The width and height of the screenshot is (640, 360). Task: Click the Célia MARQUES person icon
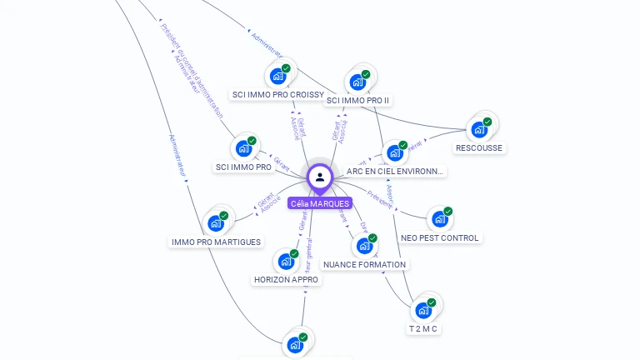[320, 177]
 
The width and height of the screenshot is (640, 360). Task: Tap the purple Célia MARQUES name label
[320, 202]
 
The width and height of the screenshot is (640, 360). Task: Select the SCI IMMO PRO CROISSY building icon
[277, 76]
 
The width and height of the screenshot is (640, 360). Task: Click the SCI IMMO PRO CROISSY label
[277, 95]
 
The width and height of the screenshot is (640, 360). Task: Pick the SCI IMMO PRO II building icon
[357, 82]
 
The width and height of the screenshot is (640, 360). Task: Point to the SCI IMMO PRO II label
[357, 100]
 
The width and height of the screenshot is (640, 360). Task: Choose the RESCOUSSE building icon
[479, 129]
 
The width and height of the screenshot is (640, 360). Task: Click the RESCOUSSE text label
[479, 148]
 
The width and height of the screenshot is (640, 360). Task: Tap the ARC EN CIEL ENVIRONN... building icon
[395, 152]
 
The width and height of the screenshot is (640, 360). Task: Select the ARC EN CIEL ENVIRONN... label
[395, 172]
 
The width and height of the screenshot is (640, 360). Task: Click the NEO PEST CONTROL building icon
[439, 219]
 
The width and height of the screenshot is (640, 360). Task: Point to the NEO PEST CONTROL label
[439, 238]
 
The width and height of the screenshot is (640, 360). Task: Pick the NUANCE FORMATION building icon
[364, 246]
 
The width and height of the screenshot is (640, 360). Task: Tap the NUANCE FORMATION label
[364, 265]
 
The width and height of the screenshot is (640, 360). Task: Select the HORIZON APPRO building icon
[286, 261]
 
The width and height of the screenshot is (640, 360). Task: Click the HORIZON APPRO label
[286, 280]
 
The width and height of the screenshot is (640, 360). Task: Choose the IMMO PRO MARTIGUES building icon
[216, 222]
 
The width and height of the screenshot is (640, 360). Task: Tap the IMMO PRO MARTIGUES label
[216, 242]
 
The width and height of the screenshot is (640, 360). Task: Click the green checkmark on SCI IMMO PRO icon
[252, 141]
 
